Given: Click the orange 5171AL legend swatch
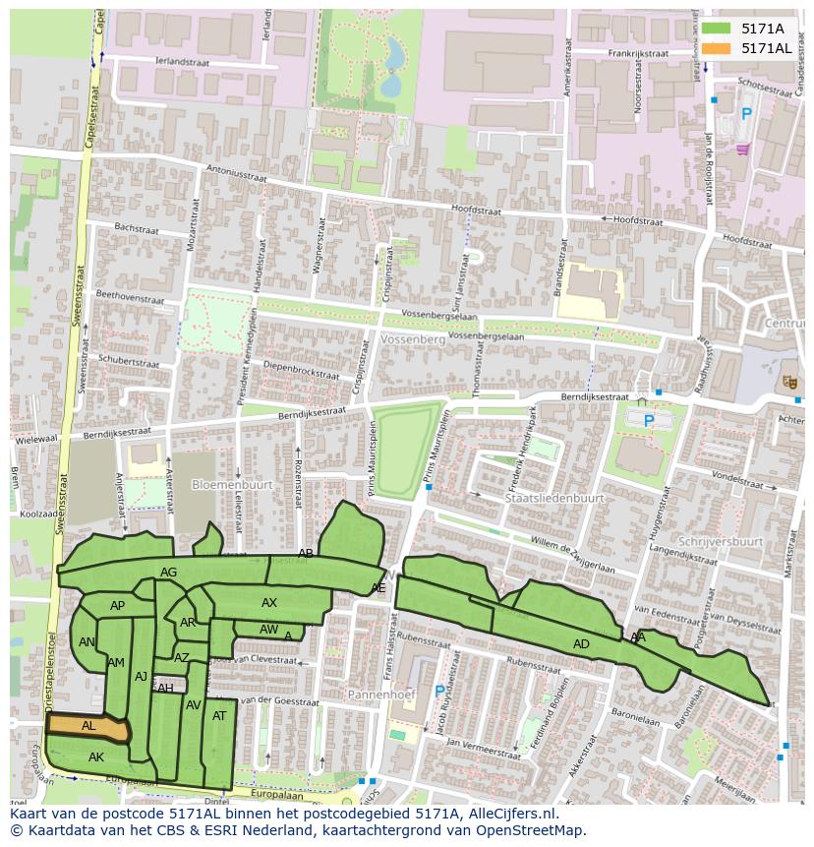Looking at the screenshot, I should [717, 48].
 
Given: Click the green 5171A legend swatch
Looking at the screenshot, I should [717, 29].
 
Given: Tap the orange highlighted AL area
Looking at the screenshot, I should [88, 727].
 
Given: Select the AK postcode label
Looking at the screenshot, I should [96, 757].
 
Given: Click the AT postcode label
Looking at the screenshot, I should [219, 716].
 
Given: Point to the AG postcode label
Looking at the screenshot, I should [168, 573].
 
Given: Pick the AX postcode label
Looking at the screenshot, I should [269, 603].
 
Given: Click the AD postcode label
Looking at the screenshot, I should [581, 644].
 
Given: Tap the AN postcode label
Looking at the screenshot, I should [87, 642].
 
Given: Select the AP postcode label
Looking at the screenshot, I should [118, 606].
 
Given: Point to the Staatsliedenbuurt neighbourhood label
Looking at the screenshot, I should [553, 499].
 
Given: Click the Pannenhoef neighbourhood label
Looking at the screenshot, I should [382, 695].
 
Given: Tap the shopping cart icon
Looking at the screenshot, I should [742, 149].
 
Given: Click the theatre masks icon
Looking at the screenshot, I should [788, 381].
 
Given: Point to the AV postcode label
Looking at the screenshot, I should [194, 705].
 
